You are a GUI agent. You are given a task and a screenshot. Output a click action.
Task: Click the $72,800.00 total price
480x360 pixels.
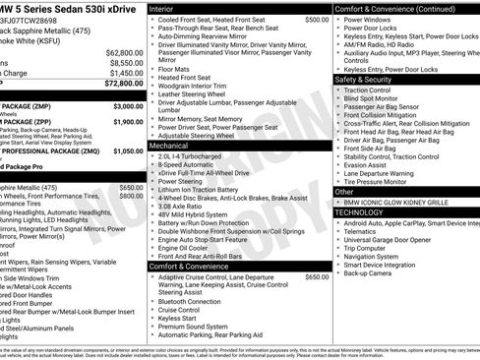[117, 85]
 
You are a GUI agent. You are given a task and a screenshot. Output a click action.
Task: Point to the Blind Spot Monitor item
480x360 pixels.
[378, 98]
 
